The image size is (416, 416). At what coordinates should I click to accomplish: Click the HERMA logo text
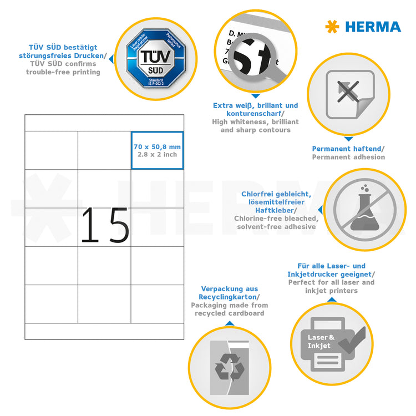tap(373, 27)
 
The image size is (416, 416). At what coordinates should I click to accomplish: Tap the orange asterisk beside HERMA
tap(332, 27)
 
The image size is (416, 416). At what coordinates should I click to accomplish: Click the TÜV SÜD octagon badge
tap(149, 58)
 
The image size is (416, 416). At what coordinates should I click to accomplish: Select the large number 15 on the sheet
tap(105, 225)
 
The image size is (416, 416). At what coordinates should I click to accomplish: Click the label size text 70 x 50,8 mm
tap(158, 146)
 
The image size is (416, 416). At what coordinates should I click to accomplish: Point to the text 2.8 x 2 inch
tap(158, 154)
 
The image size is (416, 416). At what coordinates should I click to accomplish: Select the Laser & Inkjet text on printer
tap(321, 341)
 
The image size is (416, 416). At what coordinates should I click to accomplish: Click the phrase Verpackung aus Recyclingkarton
tap(229, 293)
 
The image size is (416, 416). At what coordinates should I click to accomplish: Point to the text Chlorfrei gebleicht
tap(276, 194)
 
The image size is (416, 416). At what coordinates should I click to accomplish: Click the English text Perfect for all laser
tap(331, 282)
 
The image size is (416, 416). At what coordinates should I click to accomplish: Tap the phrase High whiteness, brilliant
tap(255, 121)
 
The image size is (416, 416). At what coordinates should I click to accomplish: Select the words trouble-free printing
tap(63, 72)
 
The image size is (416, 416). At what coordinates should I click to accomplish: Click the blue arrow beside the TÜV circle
tap(110, 58)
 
